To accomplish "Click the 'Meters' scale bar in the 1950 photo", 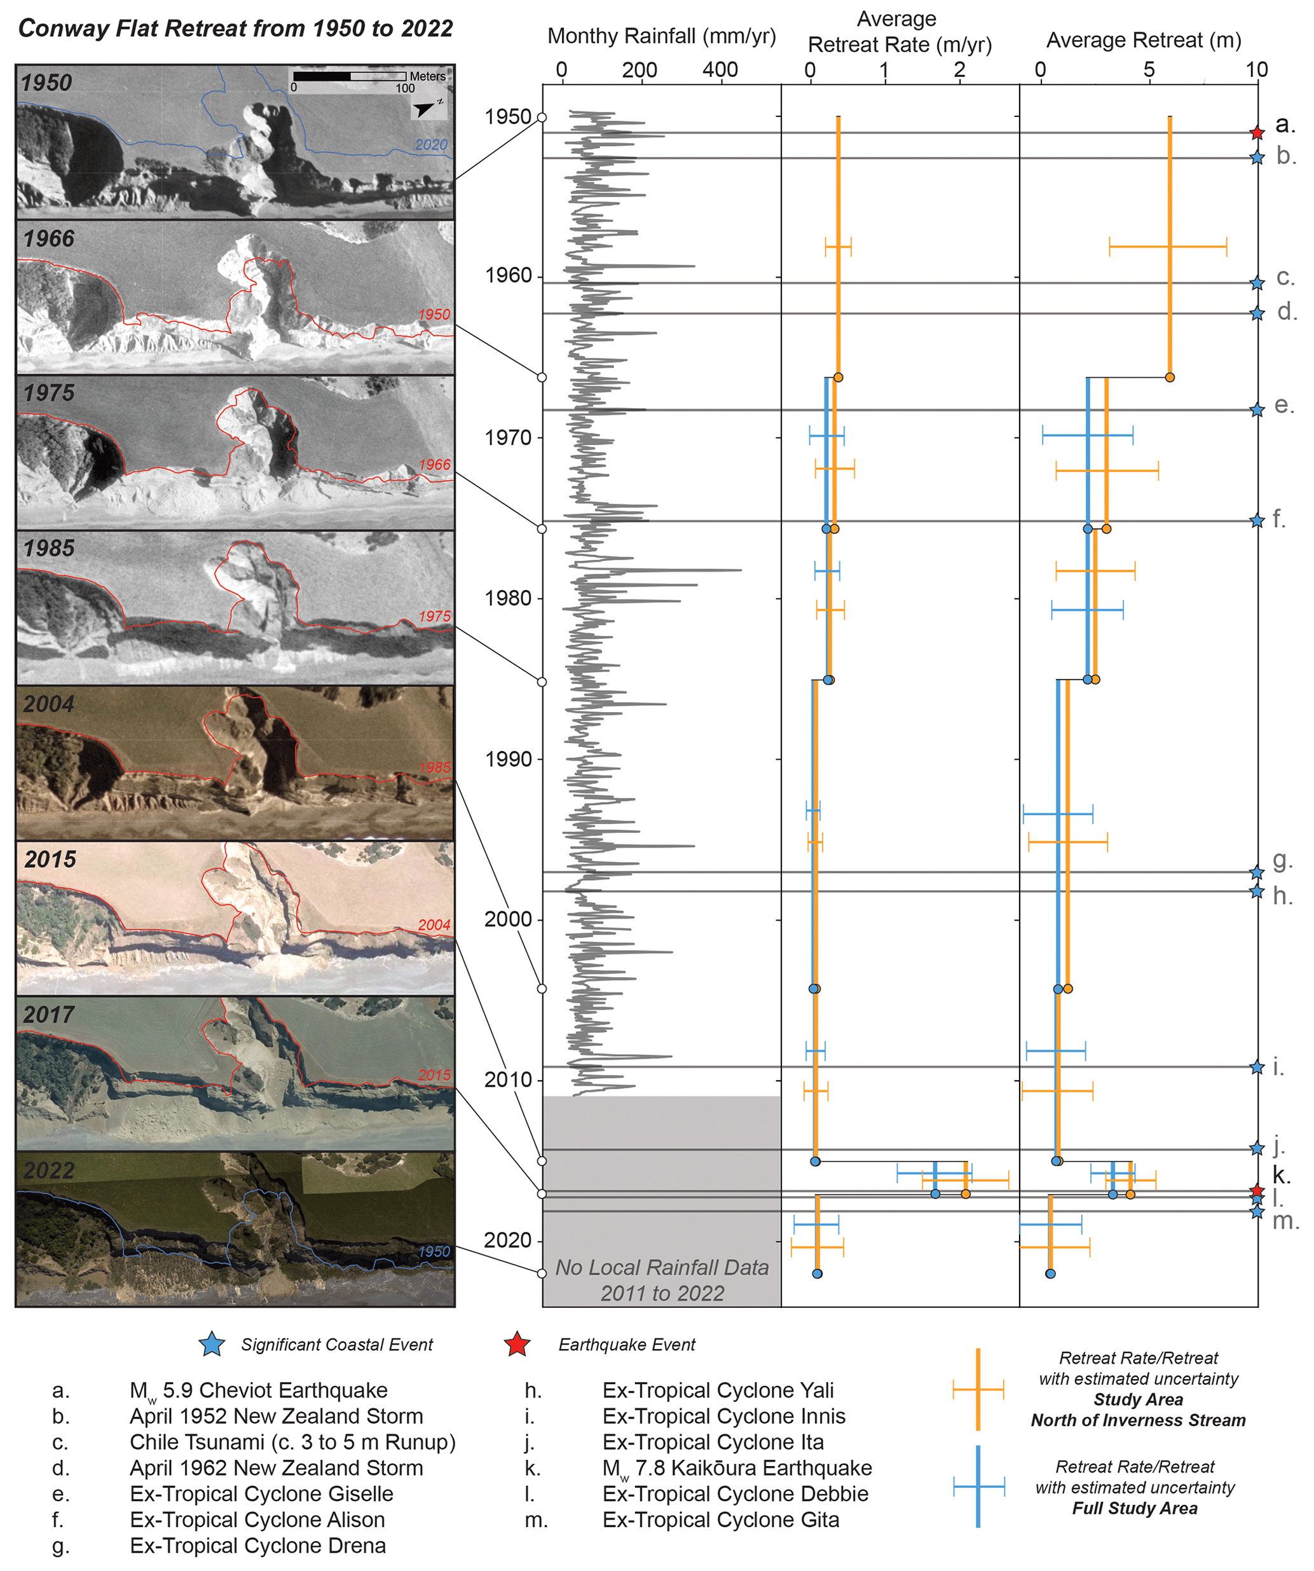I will click(350, 76).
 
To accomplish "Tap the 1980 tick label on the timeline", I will click(508, 598).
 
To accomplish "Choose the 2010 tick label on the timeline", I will click(508, 1080).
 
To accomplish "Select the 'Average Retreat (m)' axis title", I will click(1144, 39).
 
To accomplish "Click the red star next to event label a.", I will click(1257, 133).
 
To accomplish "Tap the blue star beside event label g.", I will click(1257, 872).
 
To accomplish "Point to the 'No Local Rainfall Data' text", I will click(662, 1267).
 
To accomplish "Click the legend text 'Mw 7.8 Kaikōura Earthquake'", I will click(737, 1468).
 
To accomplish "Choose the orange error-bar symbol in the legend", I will click(978, 1390).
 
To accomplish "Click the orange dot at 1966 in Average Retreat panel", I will click(1170, 377).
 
